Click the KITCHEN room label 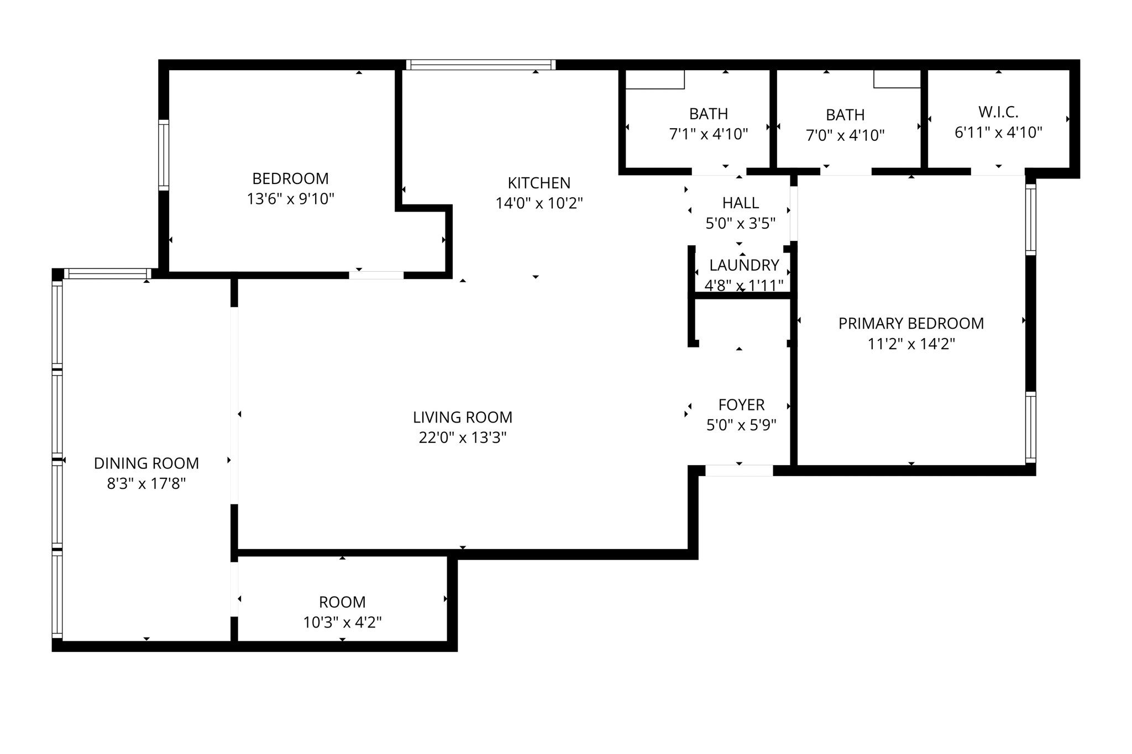539,183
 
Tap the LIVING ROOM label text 463,417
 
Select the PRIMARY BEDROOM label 911,323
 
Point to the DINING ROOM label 146,463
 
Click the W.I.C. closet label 998,112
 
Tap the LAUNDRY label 744,265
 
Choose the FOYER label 741,405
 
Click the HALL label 741,203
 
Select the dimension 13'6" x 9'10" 291,199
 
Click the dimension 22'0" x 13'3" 463,437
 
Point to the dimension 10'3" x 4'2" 342,623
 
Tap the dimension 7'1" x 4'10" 709,134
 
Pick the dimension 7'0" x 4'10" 845,135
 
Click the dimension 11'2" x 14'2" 911,344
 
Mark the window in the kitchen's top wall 481,65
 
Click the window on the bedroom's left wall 164,155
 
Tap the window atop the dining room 107,273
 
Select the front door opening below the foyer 739,471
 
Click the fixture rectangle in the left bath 655,79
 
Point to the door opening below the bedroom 376,275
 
